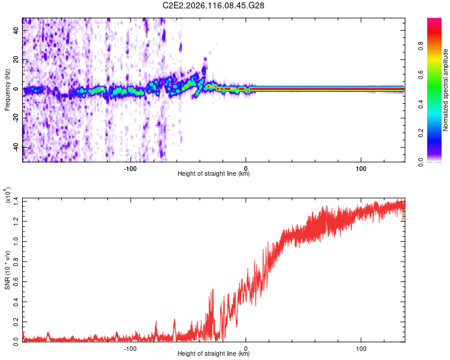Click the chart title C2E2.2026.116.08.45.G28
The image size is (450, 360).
pos(214,5)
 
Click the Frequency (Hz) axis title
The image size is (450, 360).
pos(8,89)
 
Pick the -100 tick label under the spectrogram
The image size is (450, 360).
pos(131,167)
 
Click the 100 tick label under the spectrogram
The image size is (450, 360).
pos(361,167)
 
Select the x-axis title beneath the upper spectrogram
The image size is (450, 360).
pos(214,174)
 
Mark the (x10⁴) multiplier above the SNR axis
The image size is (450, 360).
pos(8,196)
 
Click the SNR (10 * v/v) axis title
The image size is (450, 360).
pos(8,270)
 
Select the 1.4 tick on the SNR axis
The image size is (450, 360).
pos(16,202)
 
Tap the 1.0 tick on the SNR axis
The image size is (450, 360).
pos(16,241)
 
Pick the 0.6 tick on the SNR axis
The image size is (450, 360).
pos(16,281)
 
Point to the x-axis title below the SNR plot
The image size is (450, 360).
pos(214,354)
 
